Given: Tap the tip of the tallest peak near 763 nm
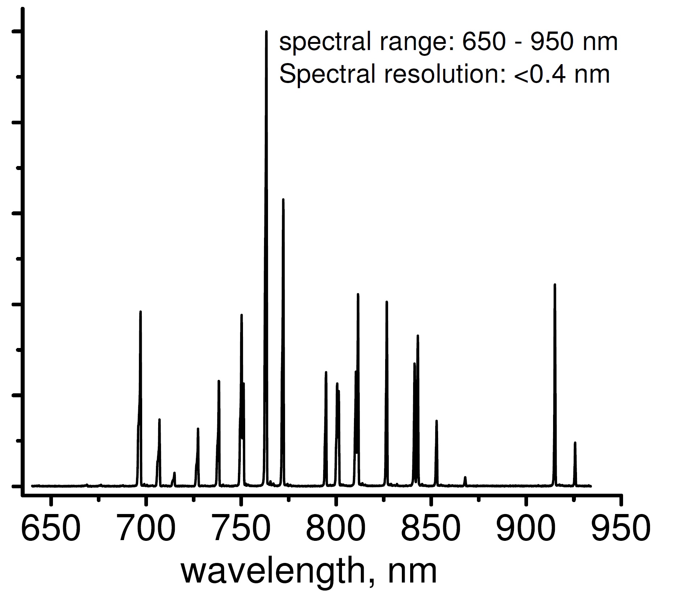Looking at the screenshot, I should (266, 32).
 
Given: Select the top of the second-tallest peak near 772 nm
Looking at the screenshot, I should (283, 199).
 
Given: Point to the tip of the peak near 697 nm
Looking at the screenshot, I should (140, 312).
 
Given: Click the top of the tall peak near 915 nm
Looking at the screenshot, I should (555, 285).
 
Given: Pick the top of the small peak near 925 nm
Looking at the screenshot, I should (575, 443).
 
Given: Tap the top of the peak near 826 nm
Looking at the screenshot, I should (387, 302).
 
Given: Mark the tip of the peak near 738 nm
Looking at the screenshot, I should (219, 381).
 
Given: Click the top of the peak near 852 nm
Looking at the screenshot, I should (436, 421).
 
